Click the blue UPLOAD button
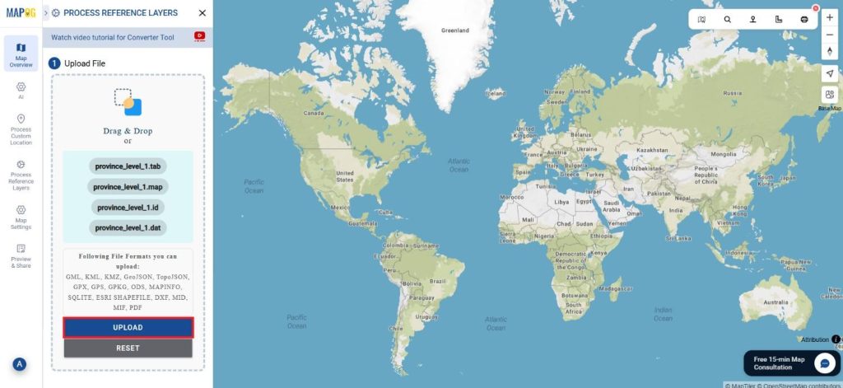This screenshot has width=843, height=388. click(x=128, y=328)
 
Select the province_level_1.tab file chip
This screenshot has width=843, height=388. click(x=128, y=166)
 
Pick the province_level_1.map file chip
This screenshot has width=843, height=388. click(x=128, y=187)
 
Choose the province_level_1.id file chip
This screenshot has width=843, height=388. click(x=128, y=208)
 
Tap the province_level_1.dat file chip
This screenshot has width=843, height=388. click(x=128, y=227)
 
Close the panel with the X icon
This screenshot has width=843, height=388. click(x=203, y=13)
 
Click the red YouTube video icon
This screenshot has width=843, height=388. click(x=199, y=36)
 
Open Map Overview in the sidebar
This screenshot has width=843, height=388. click(x=21, y=54)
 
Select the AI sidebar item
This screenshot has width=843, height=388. click(x=21, y=90)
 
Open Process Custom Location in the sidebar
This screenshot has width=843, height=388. click(x=21, y=129)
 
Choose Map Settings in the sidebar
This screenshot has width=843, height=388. click(x=21, y=217)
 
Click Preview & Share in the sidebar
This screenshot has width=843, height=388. click(x=21, y=256)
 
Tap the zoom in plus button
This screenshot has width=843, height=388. click(x=829, y=17)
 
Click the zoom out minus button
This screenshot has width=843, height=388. click(x=829, y=35)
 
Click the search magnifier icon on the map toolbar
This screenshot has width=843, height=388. click(x=728, y=19)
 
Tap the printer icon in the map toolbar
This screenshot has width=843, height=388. click(x=804, y=19)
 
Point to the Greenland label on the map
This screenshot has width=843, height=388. click(x=454, y=30)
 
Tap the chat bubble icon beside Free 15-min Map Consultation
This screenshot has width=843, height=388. click(x=824, y=363)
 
